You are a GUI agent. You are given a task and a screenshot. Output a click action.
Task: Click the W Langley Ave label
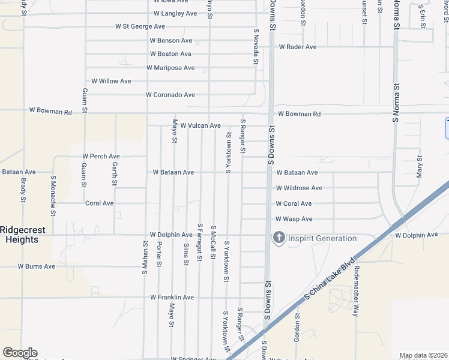tap(175, 13)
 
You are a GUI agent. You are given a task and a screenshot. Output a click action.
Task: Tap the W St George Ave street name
tap(140, 27)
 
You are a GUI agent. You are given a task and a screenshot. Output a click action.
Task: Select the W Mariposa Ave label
tap(170, 68)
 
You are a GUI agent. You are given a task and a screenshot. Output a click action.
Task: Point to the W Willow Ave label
tap(111, 81)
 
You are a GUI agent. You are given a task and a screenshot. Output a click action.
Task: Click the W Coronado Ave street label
tap(170, 95)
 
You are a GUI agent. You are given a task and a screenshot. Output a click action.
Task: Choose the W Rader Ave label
tap(298, 47)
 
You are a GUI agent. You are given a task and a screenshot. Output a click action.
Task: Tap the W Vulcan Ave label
tap(196, 126)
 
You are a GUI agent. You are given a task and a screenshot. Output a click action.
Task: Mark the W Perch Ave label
tap(101, 157)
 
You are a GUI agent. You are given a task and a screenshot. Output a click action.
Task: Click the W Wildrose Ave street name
tap(299, 188)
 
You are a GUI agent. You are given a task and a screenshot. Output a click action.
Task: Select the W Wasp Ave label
tap(294, 220)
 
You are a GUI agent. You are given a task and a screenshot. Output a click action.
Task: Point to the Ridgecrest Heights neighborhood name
tap(19, 235)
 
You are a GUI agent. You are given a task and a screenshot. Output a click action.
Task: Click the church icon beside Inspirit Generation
tap(279, 238)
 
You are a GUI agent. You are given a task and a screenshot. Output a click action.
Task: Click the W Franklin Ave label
tap(172, 298)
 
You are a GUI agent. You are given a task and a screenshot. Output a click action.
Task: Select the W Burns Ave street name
tap(36, 266)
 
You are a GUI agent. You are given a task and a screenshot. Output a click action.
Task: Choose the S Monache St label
tap(53, 195)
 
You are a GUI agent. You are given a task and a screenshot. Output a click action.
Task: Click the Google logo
tap(20, 353)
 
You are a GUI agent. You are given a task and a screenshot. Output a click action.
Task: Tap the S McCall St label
tap(213, 243)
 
